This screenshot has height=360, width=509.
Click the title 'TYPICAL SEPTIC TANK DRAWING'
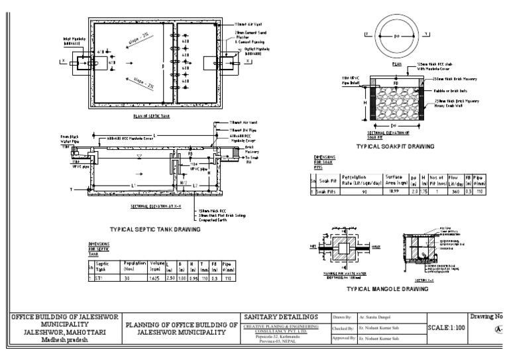[x=154, y=229]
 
